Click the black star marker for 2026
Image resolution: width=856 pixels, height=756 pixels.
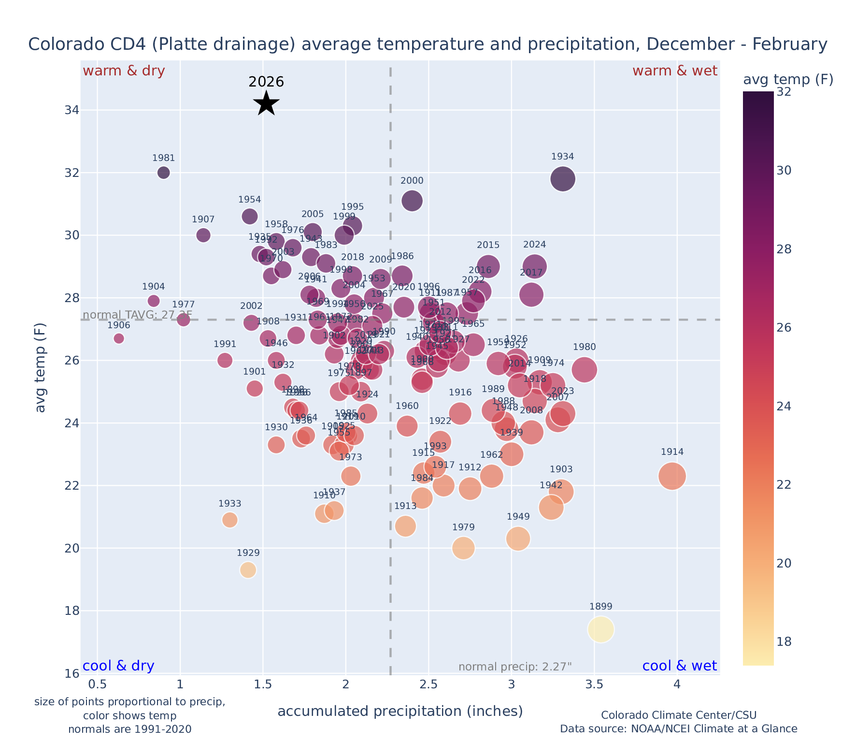tap(266, 103)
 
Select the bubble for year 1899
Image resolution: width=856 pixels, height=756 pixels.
tap(600, 629)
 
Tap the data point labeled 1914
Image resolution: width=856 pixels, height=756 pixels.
tap(672, 476)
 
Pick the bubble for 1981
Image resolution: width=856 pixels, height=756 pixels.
tap(164, 173)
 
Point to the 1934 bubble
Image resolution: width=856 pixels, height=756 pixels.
tap(562, 179)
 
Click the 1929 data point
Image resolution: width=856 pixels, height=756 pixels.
tap(248, 570)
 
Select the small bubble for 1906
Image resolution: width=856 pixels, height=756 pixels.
tap(119, 338)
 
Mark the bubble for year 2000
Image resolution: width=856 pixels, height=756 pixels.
tap(412, 201)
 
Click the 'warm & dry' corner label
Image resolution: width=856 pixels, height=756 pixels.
tap(124, 71)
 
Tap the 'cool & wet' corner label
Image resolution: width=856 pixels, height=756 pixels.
tap(679, 666)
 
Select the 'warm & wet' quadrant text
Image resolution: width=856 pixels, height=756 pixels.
tap(674, 71)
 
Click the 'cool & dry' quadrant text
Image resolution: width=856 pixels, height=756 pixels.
tap(119, 666)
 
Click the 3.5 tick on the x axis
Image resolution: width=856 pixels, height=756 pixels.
tap(594, 684)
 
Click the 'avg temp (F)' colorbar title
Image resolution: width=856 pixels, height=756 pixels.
tap(788, 80)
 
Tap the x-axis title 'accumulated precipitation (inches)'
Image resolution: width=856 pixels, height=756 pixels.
tap(400, 711)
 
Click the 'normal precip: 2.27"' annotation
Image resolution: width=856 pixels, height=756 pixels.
tap(515, 667)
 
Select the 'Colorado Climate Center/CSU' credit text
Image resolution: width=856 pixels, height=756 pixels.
tap(678, 715)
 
